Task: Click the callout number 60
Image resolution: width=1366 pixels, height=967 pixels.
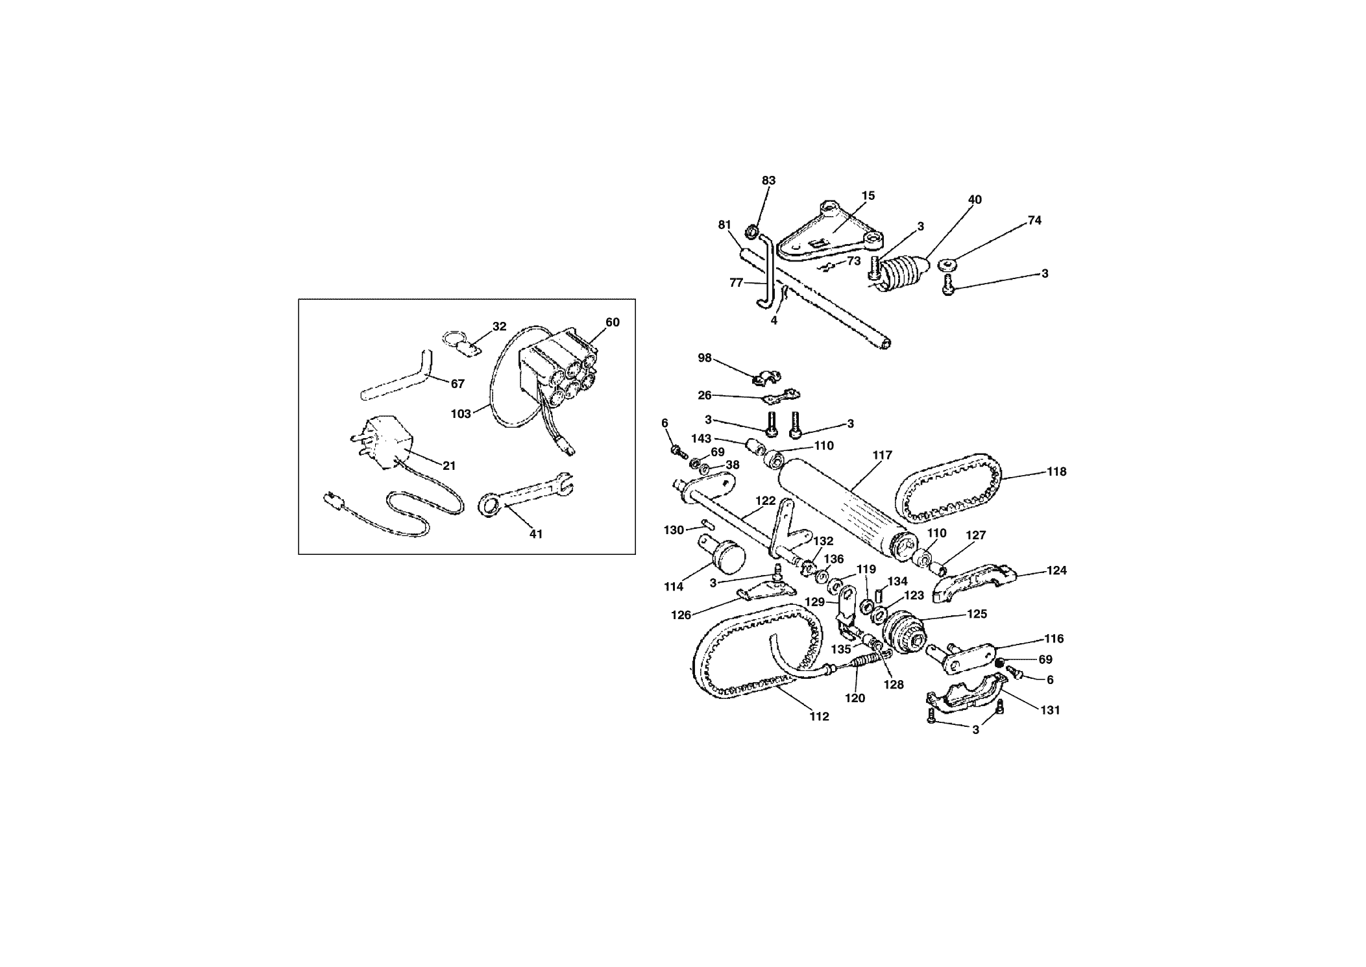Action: coord(613,323)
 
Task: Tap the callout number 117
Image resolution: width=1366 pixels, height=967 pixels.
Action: coord(883,456)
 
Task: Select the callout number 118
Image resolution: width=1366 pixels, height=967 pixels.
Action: coord(1056,472)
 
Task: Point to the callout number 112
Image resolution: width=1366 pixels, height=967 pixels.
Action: coord(819,716)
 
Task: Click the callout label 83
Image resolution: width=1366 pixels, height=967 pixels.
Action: coord(769,180)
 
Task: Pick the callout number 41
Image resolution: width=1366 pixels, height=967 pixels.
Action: coord(536,534)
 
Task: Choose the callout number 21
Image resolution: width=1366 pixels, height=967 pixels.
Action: coord(449,466)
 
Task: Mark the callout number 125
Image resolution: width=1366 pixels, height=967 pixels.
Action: coord(977,614)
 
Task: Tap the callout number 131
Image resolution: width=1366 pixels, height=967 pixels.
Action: coord(1049,710)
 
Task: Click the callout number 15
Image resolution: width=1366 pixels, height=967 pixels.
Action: coord(868,195)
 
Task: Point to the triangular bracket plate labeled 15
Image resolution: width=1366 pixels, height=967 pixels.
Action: coord(831,235)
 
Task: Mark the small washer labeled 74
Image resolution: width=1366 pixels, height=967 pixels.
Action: coord(949,265)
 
